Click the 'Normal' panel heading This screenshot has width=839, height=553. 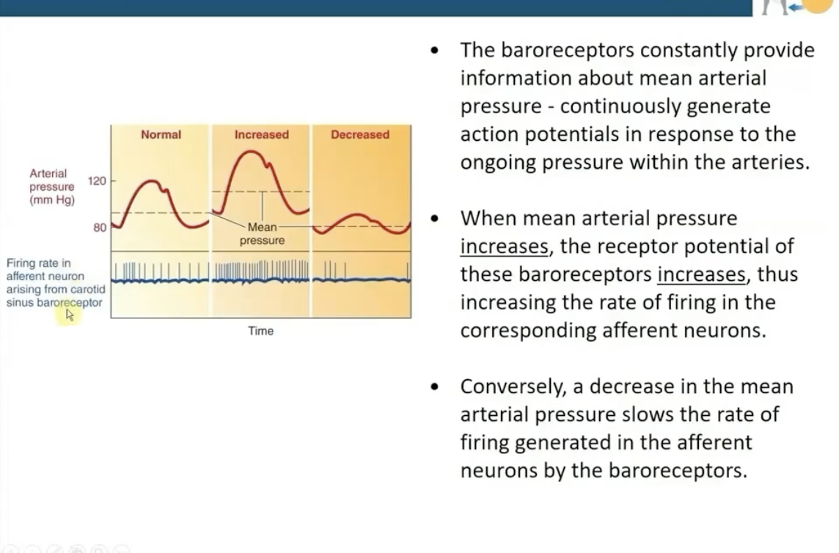161,135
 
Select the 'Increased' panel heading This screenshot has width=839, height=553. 261,135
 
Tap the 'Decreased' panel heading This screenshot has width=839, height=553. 360,135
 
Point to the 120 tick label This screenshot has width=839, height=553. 98,180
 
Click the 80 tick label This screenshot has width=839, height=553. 100,228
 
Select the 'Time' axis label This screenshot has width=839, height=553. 260,332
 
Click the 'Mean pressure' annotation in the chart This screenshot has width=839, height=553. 262,234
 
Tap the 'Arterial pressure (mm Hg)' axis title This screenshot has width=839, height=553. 51,186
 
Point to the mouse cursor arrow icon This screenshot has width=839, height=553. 70,315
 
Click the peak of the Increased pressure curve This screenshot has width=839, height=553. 252,152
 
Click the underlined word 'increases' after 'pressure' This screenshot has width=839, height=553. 504,246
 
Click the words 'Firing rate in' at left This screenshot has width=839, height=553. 38,263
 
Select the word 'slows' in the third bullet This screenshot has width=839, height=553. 646,414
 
